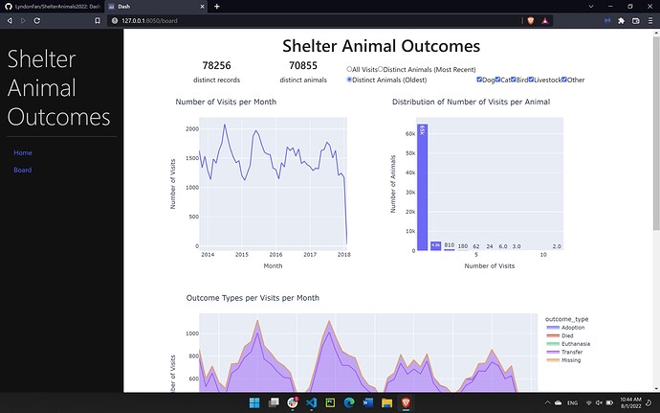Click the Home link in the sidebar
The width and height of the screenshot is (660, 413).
coord(23,153)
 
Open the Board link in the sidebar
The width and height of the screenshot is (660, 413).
coord(23,171)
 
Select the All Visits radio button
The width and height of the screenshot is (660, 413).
coord(349,69)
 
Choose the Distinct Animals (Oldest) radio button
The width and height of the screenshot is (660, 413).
coord(349,80)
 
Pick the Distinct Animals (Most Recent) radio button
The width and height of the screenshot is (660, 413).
coord(381,69)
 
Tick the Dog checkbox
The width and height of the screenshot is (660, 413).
coord(479,80)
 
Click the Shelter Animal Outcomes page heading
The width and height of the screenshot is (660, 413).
coord(381,45)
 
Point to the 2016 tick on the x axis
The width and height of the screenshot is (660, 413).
coord(275,255)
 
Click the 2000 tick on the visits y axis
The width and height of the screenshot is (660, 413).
coord(192,128)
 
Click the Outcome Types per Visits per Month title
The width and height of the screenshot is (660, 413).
coord(253,298)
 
